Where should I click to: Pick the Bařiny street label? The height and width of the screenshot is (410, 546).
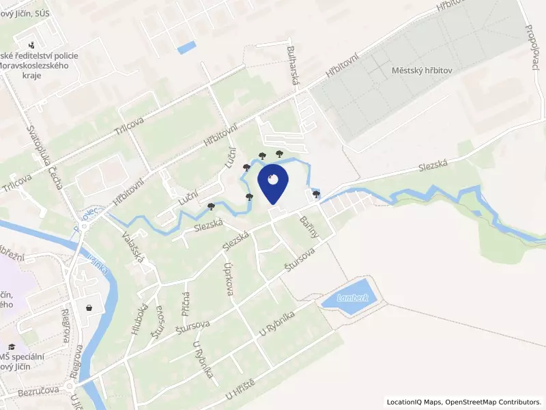click(309, 226)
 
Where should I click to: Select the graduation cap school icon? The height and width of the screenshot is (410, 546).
click(12, 348)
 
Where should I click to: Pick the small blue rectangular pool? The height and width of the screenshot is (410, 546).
click(186, 47)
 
